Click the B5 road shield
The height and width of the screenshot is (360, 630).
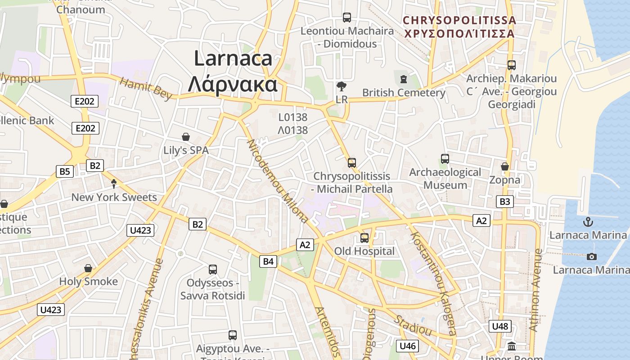[65, 171]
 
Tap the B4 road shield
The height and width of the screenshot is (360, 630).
[268, 261]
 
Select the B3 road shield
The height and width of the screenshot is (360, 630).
[505, 202]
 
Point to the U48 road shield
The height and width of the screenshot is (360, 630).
[500, 326]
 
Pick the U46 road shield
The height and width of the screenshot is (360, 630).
[407, 346]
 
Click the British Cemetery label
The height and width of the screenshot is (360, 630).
[404, 93]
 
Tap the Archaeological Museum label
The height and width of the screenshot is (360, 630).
[445, 179]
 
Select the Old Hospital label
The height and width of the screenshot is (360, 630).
[364, 251]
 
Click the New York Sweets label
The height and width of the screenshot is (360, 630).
[114, 197]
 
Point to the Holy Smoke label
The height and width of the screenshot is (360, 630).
[88, 282]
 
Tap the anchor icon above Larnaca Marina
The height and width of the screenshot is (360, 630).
[588, 222]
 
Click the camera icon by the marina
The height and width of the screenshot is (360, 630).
[592, 256]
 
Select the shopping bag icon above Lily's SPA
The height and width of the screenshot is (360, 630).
[186, 137]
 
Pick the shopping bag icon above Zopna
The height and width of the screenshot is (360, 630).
[505, 167]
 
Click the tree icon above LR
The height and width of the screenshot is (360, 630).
[342, 86]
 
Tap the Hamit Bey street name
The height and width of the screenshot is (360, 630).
[146, 88]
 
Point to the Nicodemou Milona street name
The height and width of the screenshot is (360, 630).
[278, 181]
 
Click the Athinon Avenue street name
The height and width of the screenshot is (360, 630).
[535, 290]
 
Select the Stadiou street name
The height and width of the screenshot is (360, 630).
[413, 326]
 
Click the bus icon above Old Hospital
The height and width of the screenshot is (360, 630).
[364, 238]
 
